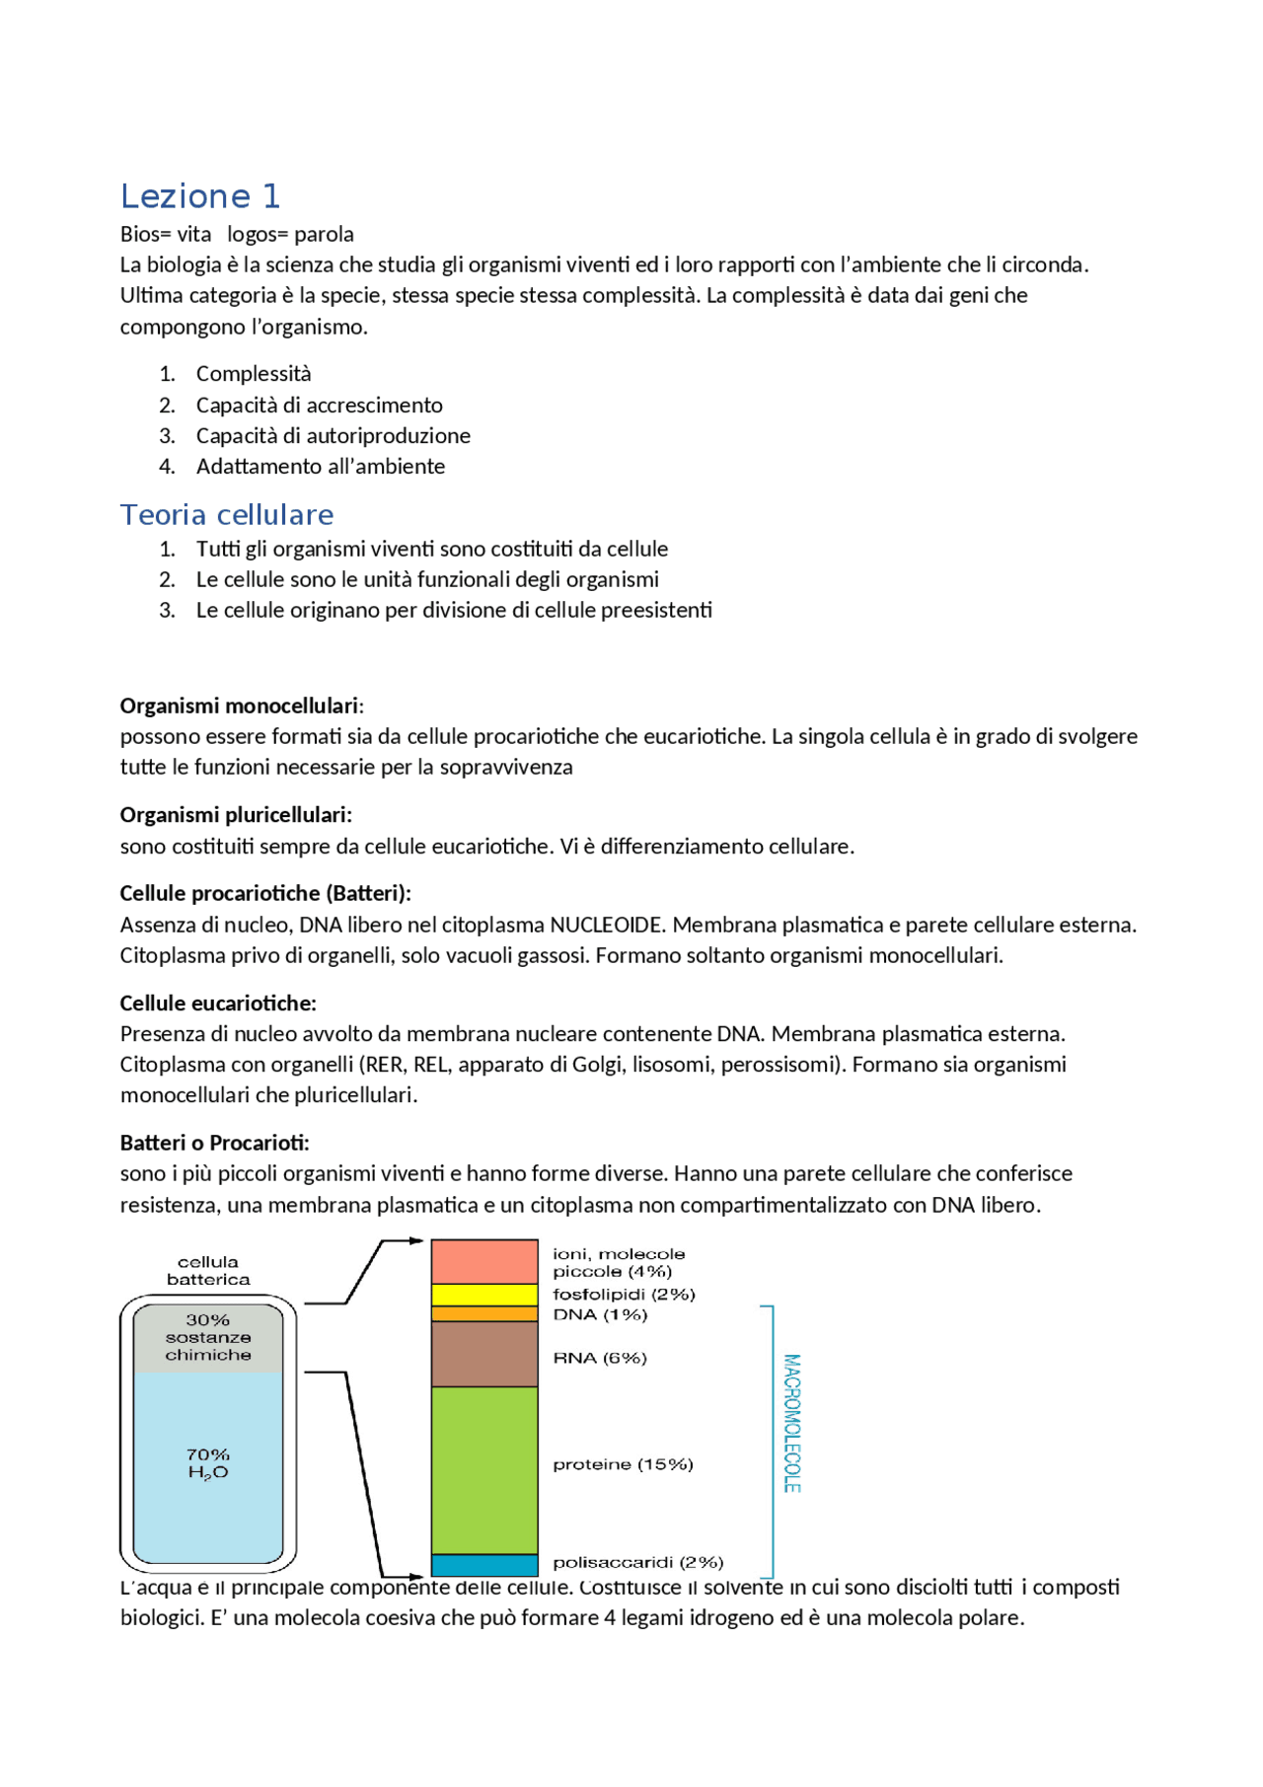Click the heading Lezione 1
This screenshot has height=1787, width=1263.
(200, 196)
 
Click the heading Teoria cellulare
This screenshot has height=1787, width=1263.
(227, 514)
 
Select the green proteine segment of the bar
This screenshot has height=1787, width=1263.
(484, 1469)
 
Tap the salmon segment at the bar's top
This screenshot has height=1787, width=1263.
(484, 1261)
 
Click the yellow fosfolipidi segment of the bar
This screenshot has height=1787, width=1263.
(484, 1294)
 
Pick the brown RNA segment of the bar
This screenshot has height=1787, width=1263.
(484, 1354)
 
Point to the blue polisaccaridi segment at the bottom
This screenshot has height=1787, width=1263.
(484, 1564)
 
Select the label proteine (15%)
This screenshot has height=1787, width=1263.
(623, 1464)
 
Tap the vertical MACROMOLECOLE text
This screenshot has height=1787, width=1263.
(791, 1422)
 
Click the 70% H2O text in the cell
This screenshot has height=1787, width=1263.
(208, 1463)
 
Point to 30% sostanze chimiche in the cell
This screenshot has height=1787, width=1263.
(208, 1337)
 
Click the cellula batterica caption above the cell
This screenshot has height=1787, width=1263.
(208, 1270)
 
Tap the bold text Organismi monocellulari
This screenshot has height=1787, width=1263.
(239, 706)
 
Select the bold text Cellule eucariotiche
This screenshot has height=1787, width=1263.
(218, 1003)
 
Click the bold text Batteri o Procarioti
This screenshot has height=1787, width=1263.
(214, 1143)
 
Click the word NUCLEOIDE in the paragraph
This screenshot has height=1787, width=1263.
(605, 925)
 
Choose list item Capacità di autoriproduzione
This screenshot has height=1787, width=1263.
(333, 435)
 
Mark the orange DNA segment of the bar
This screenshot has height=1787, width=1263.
(484, 1314)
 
